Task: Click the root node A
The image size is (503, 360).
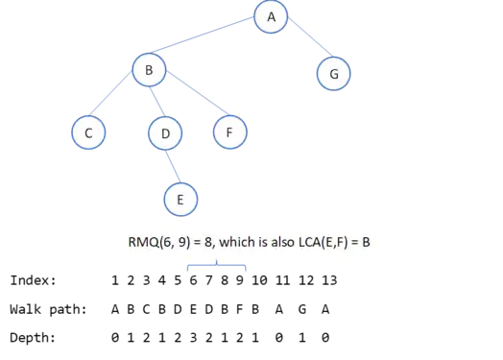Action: click(x=271, y=16)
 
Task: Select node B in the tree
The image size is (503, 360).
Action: click(x=149, y=70)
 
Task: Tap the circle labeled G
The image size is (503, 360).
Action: click(x=334, y=74)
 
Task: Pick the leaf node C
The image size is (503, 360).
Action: click(x=88, y=132)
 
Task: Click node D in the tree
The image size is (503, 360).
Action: click(x=165, y=133)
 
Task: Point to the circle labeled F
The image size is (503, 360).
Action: click(x=230, y=132)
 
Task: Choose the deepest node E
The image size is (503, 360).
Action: click(x=180, y=200)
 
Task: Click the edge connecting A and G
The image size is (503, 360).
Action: click(x=310, y=36)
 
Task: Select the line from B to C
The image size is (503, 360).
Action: click(x=110, y=93)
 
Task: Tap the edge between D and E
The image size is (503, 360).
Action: click(x=173, y=166)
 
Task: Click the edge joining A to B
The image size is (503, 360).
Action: click(x=203, y=35)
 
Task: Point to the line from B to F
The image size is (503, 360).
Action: click(x=198, y=93)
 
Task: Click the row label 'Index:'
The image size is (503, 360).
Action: click(x=33, y=280)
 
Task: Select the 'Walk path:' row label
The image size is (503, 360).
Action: click(x=48, y=309)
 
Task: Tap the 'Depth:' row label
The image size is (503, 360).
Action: click(x=33, y=338)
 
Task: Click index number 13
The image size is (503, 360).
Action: click(x=329, y=280)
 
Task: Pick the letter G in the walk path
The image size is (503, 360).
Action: click(x=302, y=309)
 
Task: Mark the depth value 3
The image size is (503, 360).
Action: click(x=193, y=338)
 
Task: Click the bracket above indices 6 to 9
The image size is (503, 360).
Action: click(x=217, y=265)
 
